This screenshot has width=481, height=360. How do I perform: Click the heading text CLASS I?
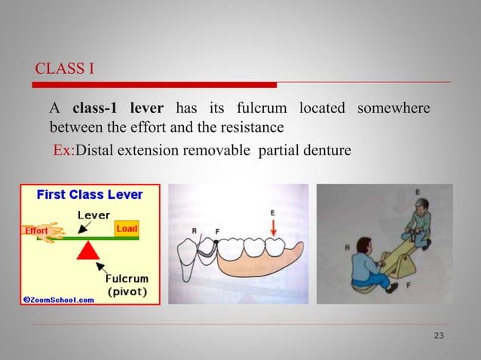65,70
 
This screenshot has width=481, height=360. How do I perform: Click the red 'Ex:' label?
63,151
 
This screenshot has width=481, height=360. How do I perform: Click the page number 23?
439,335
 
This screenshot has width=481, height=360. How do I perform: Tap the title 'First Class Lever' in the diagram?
90,194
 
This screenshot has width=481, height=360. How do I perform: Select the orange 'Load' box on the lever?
126,227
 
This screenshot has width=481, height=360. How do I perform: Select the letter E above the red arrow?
272,213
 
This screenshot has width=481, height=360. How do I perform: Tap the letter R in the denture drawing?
195,230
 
